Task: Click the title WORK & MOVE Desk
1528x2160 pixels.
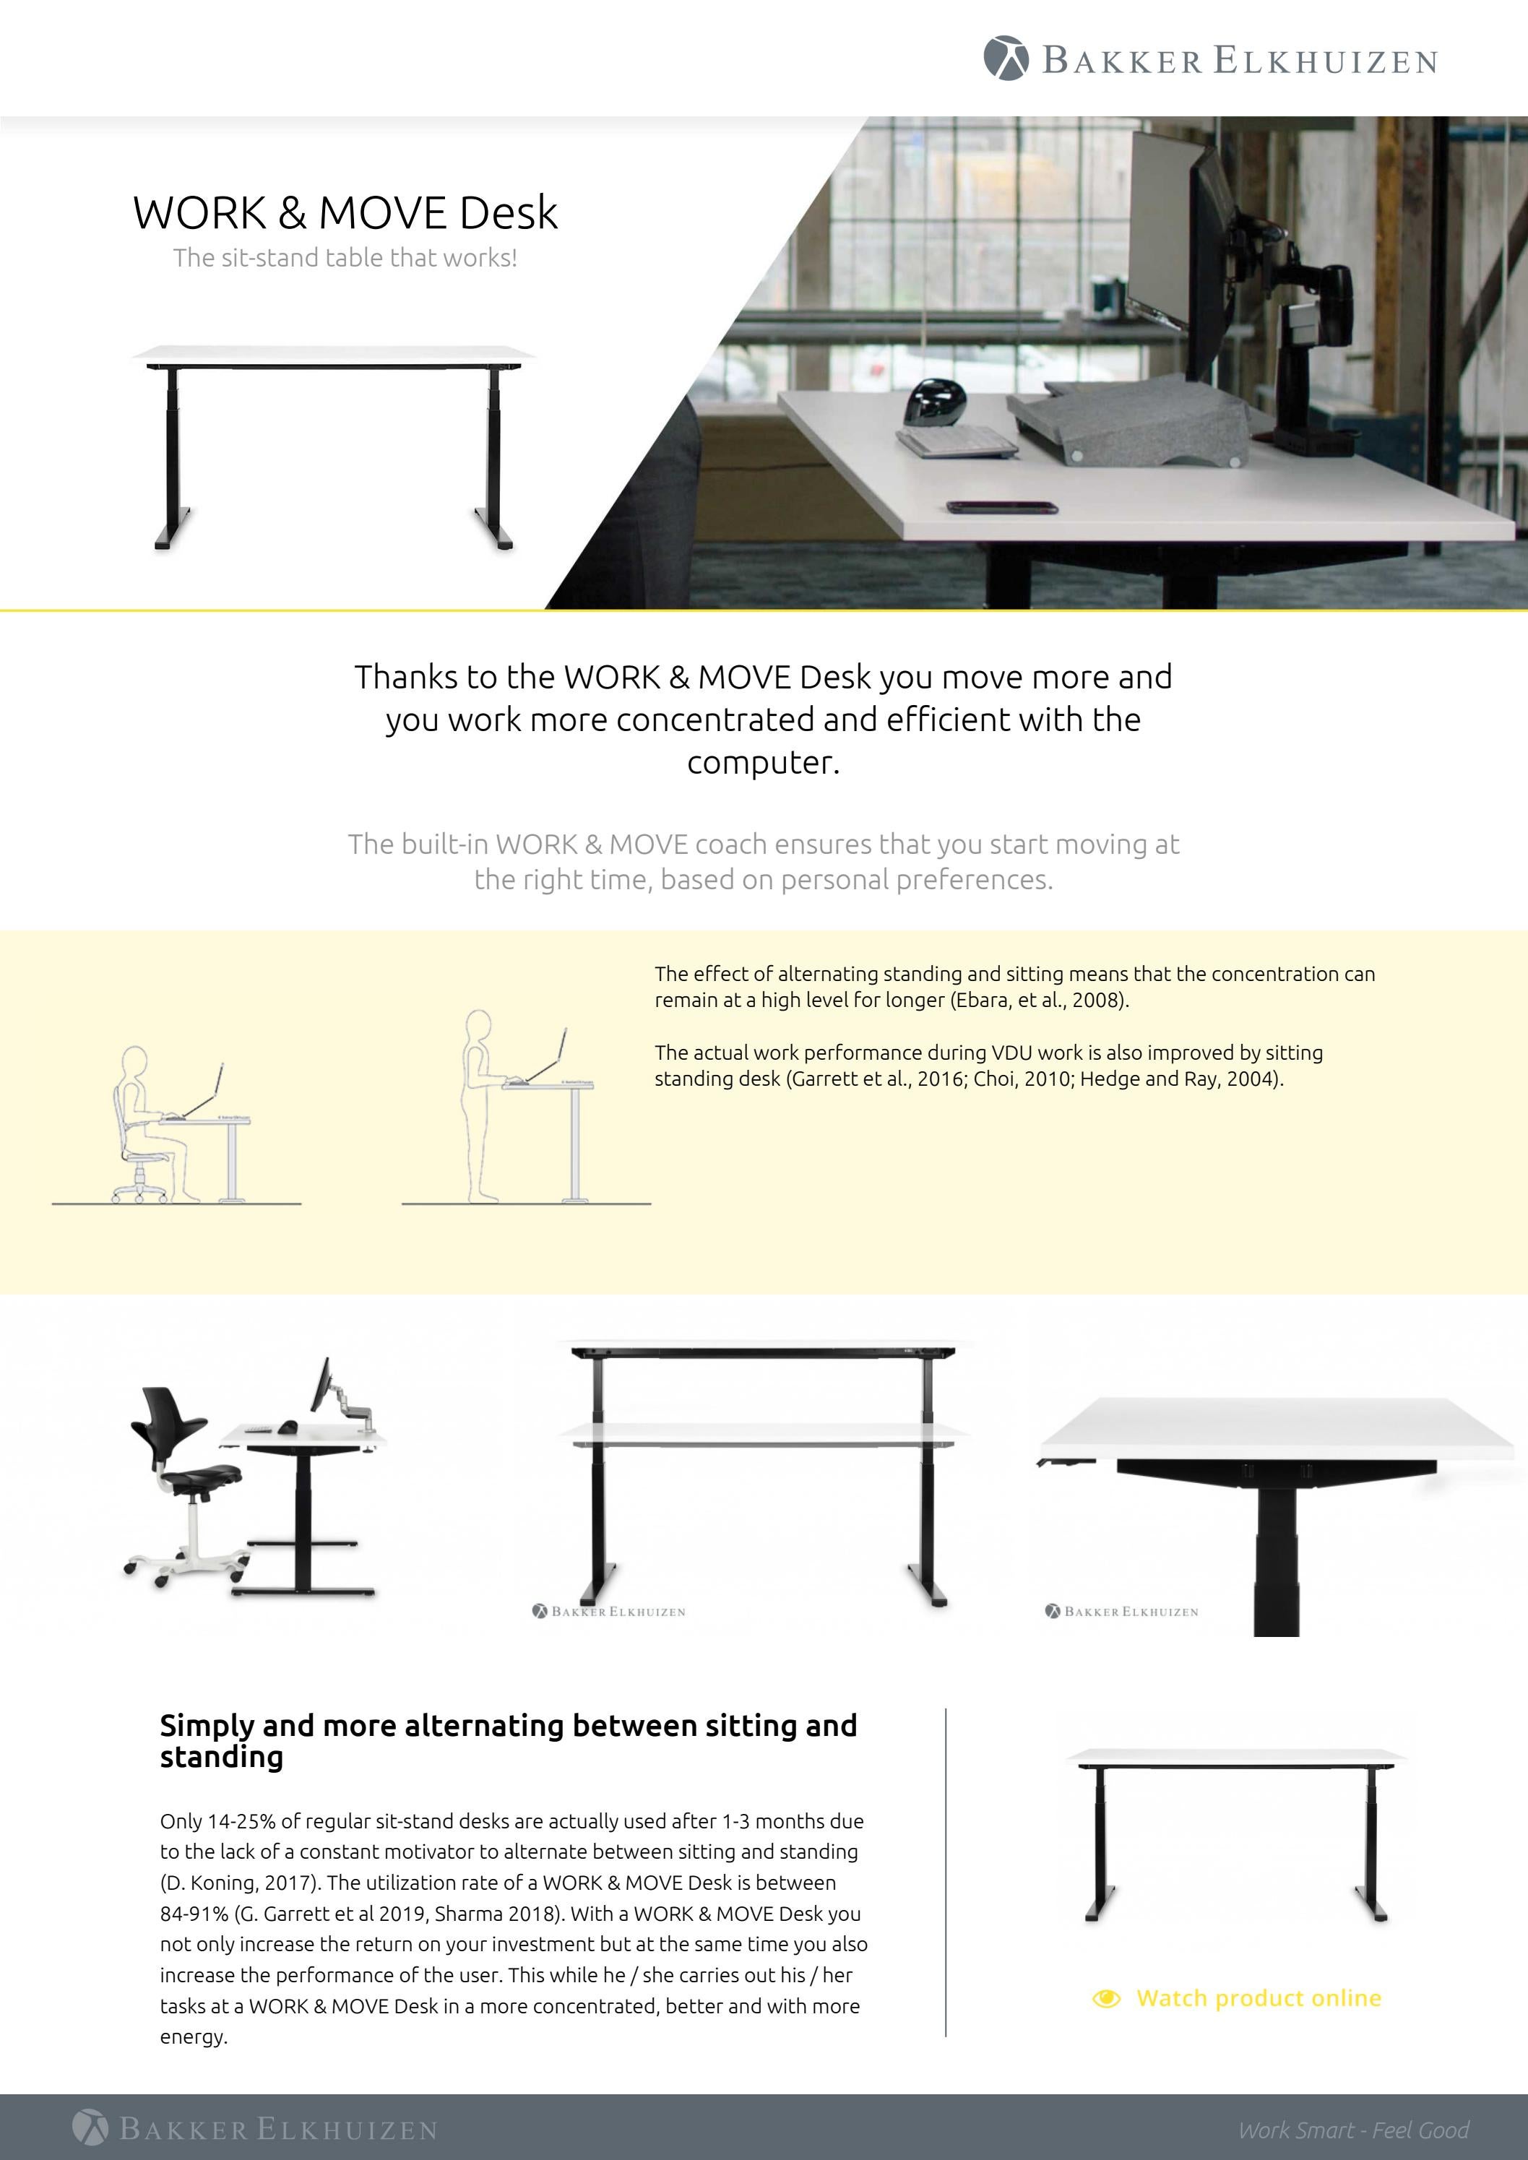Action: [345, 212]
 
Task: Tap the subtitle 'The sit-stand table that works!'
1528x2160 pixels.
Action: [345, 259]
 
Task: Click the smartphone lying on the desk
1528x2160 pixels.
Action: [1002, 508]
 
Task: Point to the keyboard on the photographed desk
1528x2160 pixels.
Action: [956, 440]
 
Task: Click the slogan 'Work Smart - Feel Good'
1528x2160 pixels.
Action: [1353, 2130]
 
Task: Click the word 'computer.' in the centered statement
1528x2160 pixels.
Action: [763, 762]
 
